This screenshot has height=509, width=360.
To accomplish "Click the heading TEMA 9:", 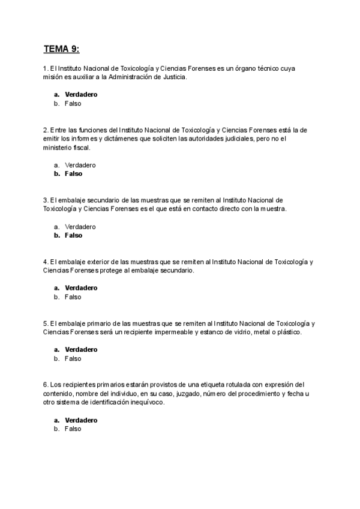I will tap(61, 48).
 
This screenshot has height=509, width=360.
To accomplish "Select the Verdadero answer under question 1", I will tap(81, 94).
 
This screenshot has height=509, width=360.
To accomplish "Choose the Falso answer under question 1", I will tap(73, 103).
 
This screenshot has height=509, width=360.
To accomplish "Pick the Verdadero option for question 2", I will tap(80, 165).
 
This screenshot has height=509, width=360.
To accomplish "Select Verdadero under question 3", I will tap(80, 227).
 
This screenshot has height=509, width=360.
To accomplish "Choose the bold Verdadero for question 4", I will tap(81, 288).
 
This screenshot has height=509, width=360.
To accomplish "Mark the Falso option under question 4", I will tap(73, 297).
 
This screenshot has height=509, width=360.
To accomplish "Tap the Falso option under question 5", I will tap(73, 359).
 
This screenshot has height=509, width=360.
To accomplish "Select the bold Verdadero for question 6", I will tap(81, 420).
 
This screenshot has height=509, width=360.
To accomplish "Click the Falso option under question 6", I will tap(73, 429).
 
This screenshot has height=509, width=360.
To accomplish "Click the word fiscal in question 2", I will tap(83, 148).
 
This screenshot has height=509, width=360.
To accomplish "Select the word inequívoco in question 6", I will tap(146, 403).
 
